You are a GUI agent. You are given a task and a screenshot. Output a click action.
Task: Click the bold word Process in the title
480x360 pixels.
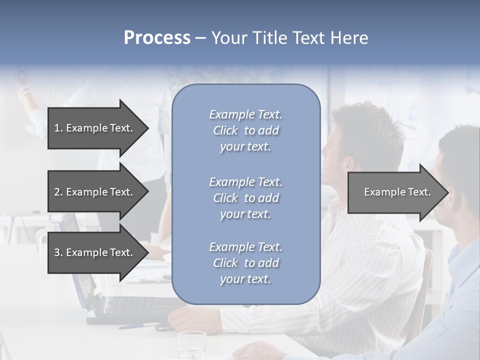157,38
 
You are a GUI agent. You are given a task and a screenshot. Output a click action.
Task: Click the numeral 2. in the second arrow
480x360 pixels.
58,192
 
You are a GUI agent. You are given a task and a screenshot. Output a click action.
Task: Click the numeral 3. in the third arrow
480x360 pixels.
58,252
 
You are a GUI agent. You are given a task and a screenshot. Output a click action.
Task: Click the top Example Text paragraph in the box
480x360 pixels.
245,130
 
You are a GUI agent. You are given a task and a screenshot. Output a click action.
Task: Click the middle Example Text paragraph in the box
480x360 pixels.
245,198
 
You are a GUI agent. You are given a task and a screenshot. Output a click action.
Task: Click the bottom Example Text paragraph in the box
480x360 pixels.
245,263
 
